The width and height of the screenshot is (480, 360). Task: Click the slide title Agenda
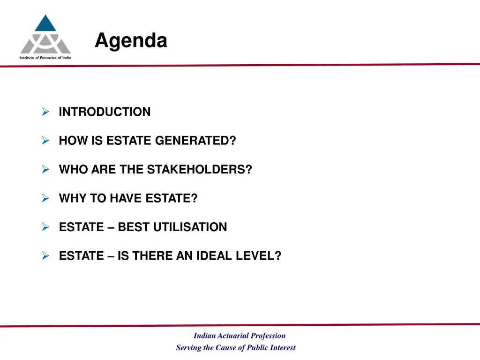pyautogui.click(x=131, y=41)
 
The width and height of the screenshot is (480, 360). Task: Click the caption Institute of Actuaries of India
pyautogui.click(x=45, y=57)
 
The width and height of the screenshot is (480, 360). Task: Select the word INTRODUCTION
pyautogui.click(x=105, y=112)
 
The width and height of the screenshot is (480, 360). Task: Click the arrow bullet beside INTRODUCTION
pyautogui.click(x=45, y=112)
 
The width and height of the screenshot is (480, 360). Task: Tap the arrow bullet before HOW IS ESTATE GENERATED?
pyautogui.click(x=45, y=141)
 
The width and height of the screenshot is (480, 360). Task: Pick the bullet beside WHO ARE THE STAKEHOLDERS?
pyautogui.click(x=45, y=170)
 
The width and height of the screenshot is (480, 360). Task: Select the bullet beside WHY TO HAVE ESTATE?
pyautogui.click(x=45, y=198)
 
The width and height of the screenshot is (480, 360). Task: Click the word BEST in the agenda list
pyautogui.click(x=130, y=227)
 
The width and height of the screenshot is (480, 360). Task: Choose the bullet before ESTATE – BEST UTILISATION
pyautogui.click(x=45, y=227)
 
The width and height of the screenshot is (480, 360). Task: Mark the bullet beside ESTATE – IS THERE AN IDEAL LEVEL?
pyautogui.click(x=45, y=256)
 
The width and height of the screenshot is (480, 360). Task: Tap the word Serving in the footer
pyautogui.click(x=187, y=348)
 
